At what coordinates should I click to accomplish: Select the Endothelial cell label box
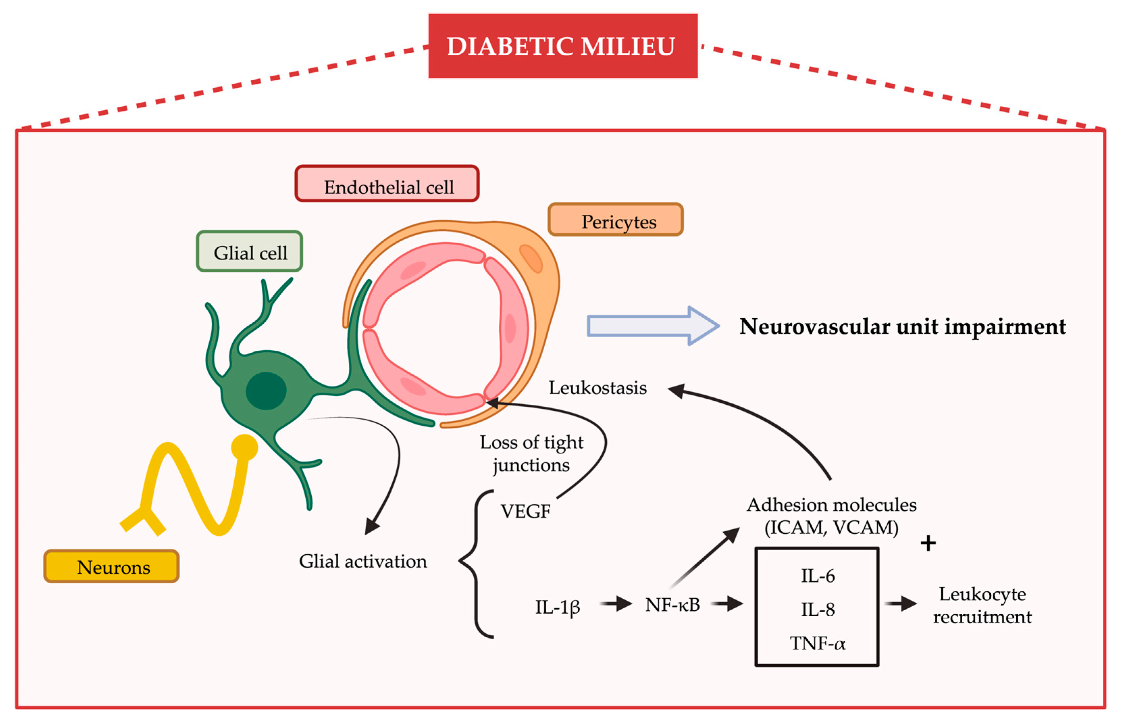click(387, 184)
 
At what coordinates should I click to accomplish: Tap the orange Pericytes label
click(615, 219)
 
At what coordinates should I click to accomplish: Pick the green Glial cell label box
click(250, 251)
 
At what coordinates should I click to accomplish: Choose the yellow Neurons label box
click(111, 566)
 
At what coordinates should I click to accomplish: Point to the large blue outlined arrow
click(653, 326)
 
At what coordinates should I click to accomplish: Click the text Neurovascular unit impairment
click(902, 327)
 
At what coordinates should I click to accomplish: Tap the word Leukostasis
click(597, 388)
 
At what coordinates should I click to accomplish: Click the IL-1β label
click(557, 607)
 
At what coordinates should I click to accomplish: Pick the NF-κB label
click(673, 605)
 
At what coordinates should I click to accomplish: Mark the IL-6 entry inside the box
click(817, 575)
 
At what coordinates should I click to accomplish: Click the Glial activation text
click(363, 561)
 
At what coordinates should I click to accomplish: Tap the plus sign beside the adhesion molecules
click(928, 543)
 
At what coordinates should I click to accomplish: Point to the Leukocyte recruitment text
click(983, 605)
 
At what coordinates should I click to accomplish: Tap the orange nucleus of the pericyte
click(531, 258)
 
